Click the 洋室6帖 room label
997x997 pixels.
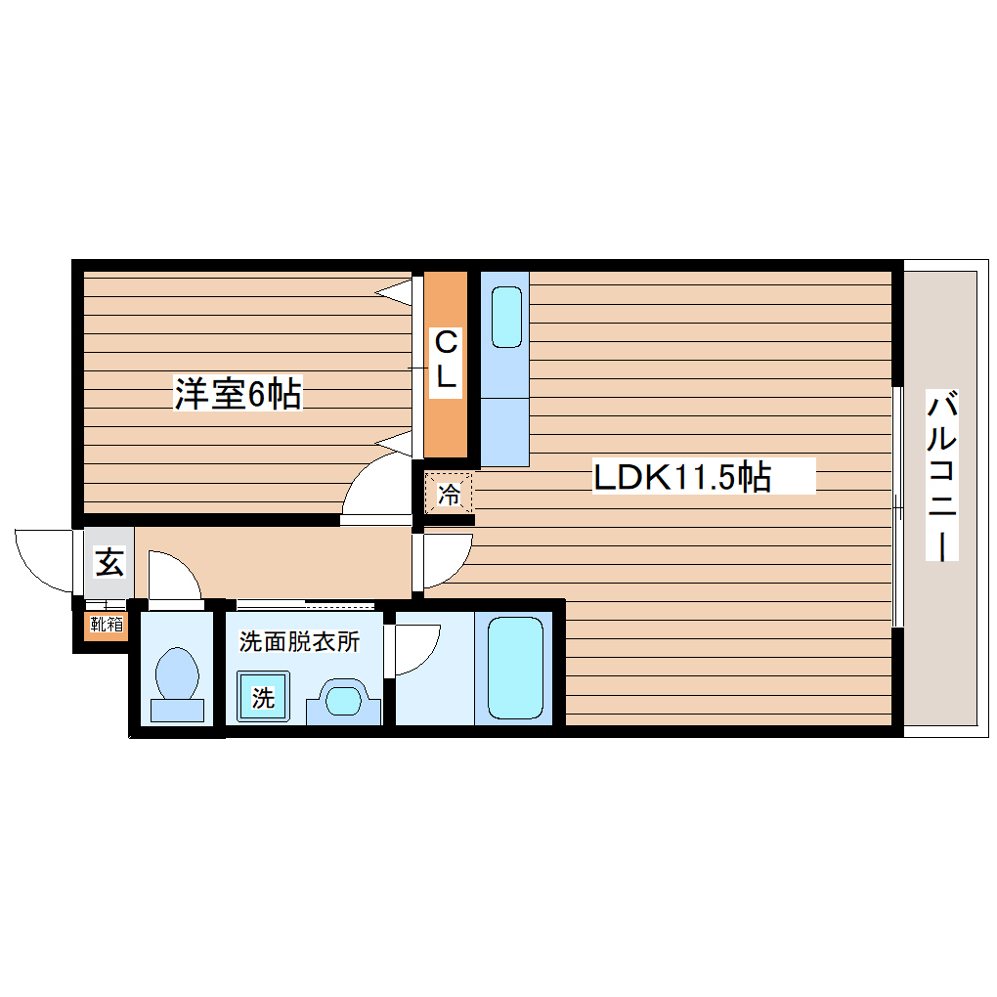pyautogui.click(x=238, y=393)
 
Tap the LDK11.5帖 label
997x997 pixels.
pyautogui.click(x=683, y=477)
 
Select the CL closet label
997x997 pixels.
pyautogui.click(x=446, y=361)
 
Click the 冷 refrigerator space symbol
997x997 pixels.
pyautogui.click(x=449, y=495)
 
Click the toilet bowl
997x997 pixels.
pyautogui.click(x=177, y=674)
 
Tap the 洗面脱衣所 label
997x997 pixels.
pyautogui.click(x=300, y=642)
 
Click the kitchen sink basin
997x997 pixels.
pyautogui.click(x=506, y=317)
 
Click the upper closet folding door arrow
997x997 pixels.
pyautogui.click(x=395, y=289)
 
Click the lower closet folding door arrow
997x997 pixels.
pyautogui.click(x=395, y=442)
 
